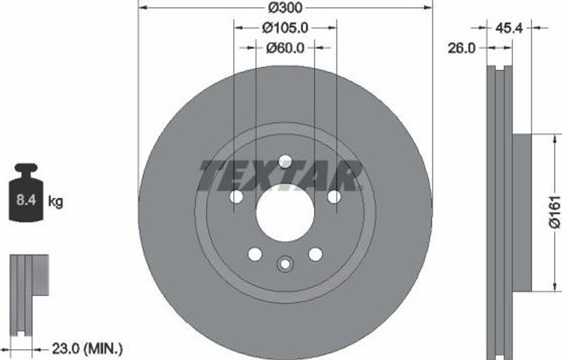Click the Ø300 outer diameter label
point(285,7)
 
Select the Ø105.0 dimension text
point(285,27)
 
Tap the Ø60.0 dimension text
point(285,47)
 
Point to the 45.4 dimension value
point(509,27)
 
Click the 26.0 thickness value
point(461,48)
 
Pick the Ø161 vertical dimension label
point(554,212)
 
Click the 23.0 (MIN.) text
point(87,348)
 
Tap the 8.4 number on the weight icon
point(26,200)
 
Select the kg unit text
point(55,201)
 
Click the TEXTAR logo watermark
point(279,176)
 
